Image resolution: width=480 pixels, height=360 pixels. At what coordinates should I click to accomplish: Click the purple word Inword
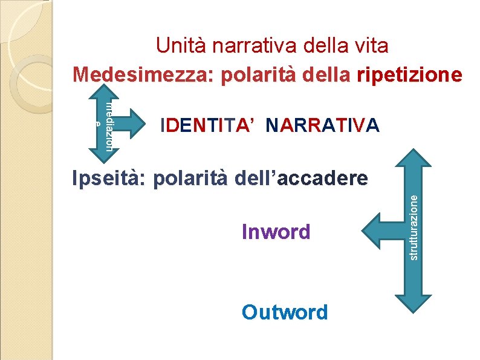click(276, 231)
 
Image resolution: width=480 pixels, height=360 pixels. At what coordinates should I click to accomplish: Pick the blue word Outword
click(285, 312)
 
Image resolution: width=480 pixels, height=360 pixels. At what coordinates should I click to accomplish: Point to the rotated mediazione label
click(108, 125)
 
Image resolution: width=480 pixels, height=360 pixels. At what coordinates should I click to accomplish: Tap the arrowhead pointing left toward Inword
click(370, 232)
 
